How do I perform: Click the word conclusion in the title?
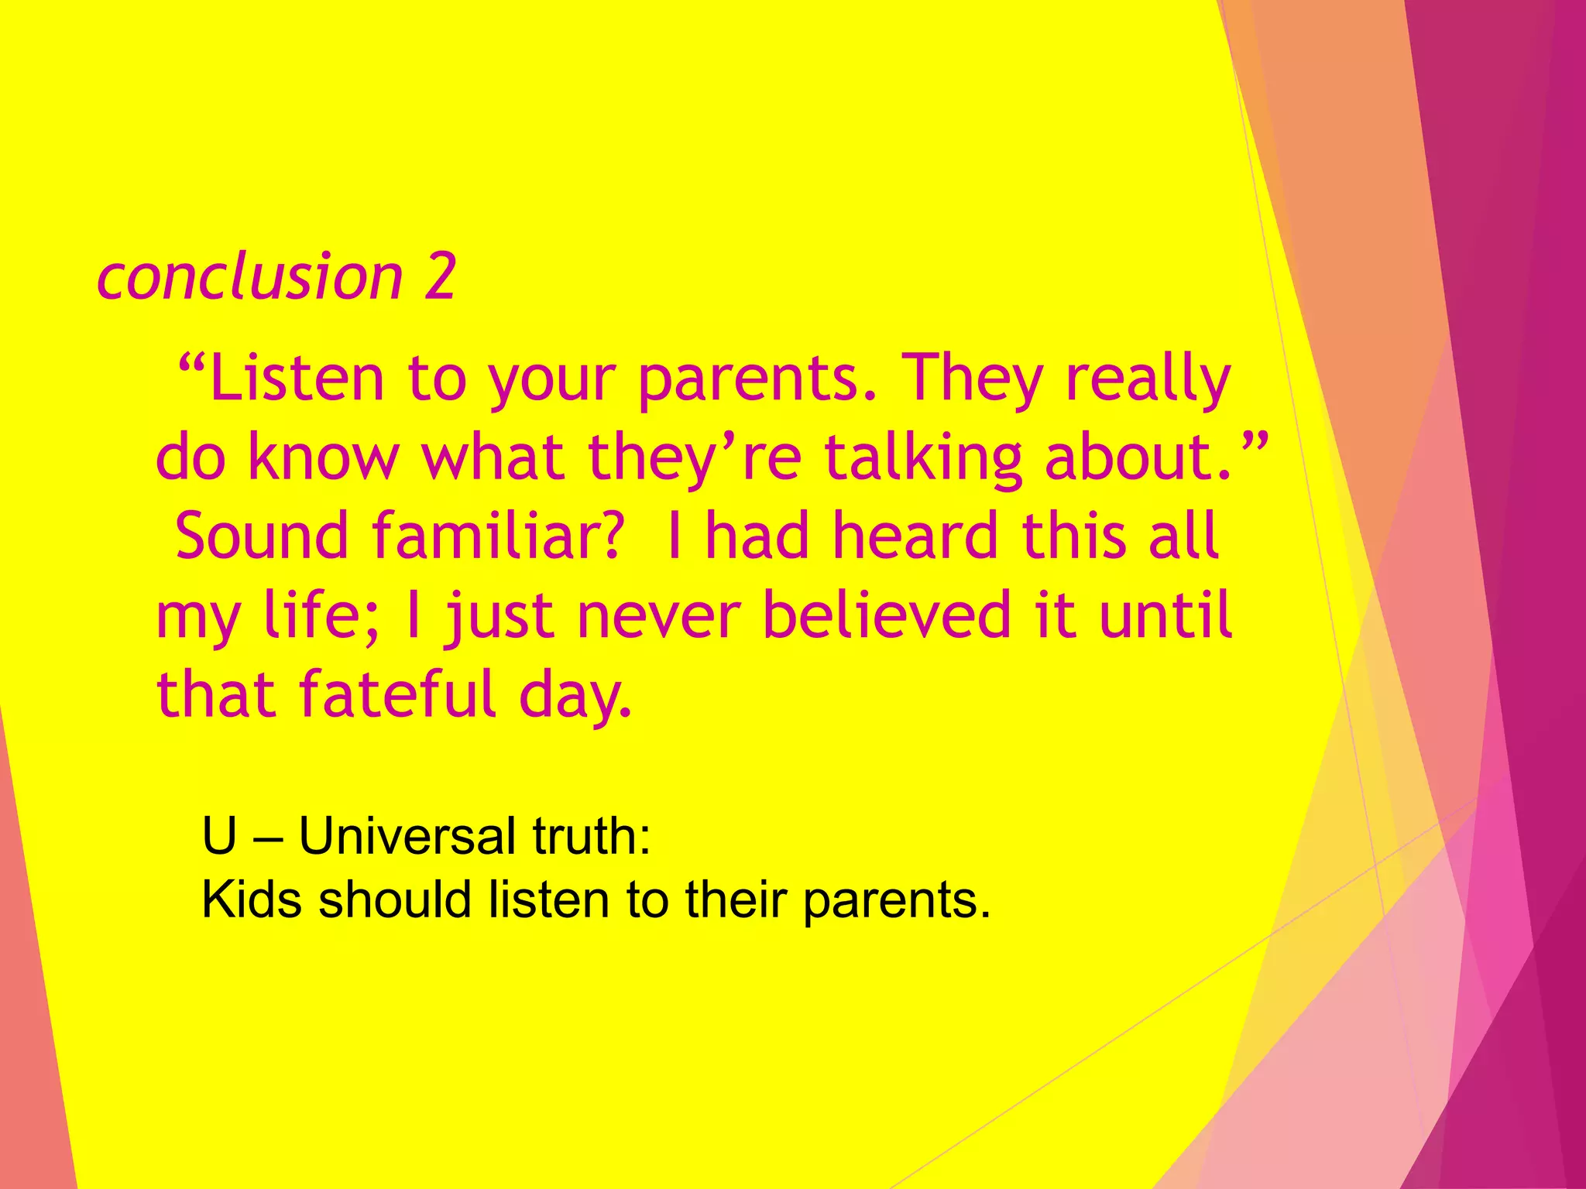click(249, 277)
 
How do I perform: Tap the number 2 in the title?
click(440, 277)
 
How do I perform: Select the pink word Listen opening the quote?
click(297, 379)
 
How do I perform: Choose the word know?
click(323, 457)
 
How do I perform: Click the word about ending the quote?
click(1137, 457)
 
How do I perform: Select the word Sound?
click(262, 536)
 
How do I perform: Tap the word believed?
click(887, 615)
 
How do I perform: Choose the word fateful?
click(398, 694)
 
